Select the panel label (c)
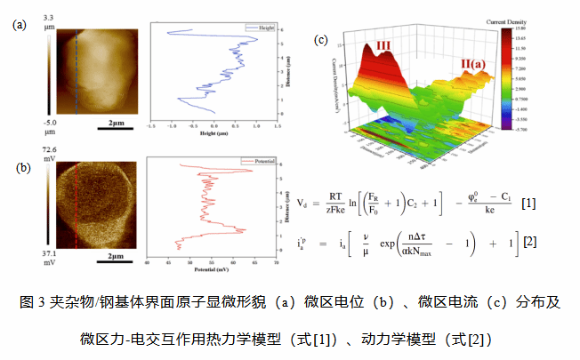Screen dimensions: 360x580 pos(321,40)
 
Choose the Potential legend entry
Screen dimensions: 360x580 pos(260,164)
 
